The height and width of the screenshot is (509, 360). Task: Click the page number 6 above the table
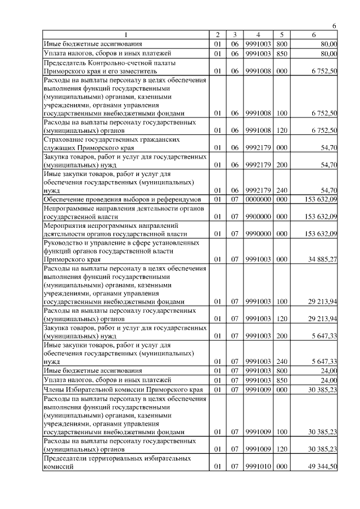point(334,26)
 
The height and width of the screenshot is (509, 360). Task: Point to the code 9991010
point(258,467)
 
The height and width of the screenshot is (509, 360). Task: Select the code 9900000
point(258,216)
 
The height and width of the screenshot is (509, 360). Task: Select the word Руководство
point(65,242)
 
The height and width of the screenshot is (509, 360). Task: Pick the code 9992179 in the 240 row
point(258,190)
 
